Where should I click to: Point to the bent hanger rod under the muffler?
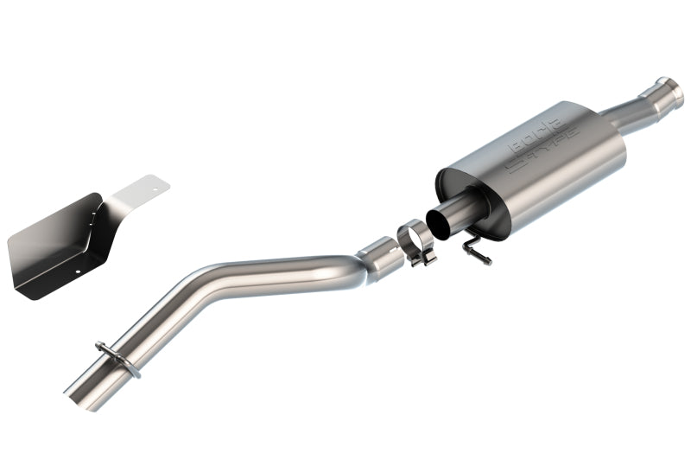(476, 248)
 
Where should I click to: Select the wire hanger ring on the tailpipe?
(118, 358)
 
